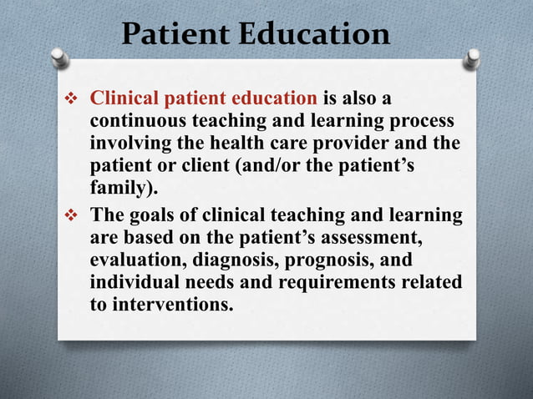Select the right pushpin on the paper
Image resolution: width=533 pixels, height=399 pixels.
pos(472,58)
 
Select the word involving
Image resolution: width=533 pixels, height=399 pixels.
pos(126,143)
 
